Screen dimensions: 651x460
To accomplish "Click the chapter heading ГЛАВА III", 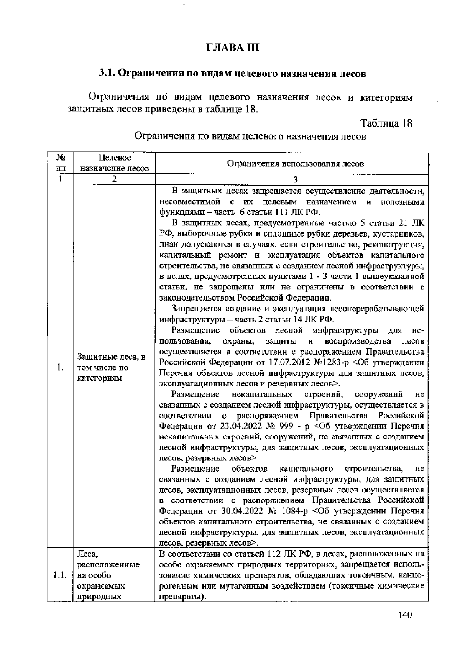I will pyautogui.click(x=233, y=48).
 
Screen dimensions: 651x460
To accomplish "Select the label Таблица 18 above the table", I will pyautogui.click(x=386, y=123).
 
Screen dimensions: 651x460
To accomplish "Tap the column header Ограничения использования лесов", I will pyautogui.click(x=296, y=164).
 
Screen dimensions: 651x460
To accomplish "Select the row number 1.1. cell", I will pyautogui.click(x=60, y=575).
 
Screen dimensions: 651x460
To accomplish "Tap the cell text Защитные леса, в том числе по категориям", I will pyautogui.click(x=111, y=368).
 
